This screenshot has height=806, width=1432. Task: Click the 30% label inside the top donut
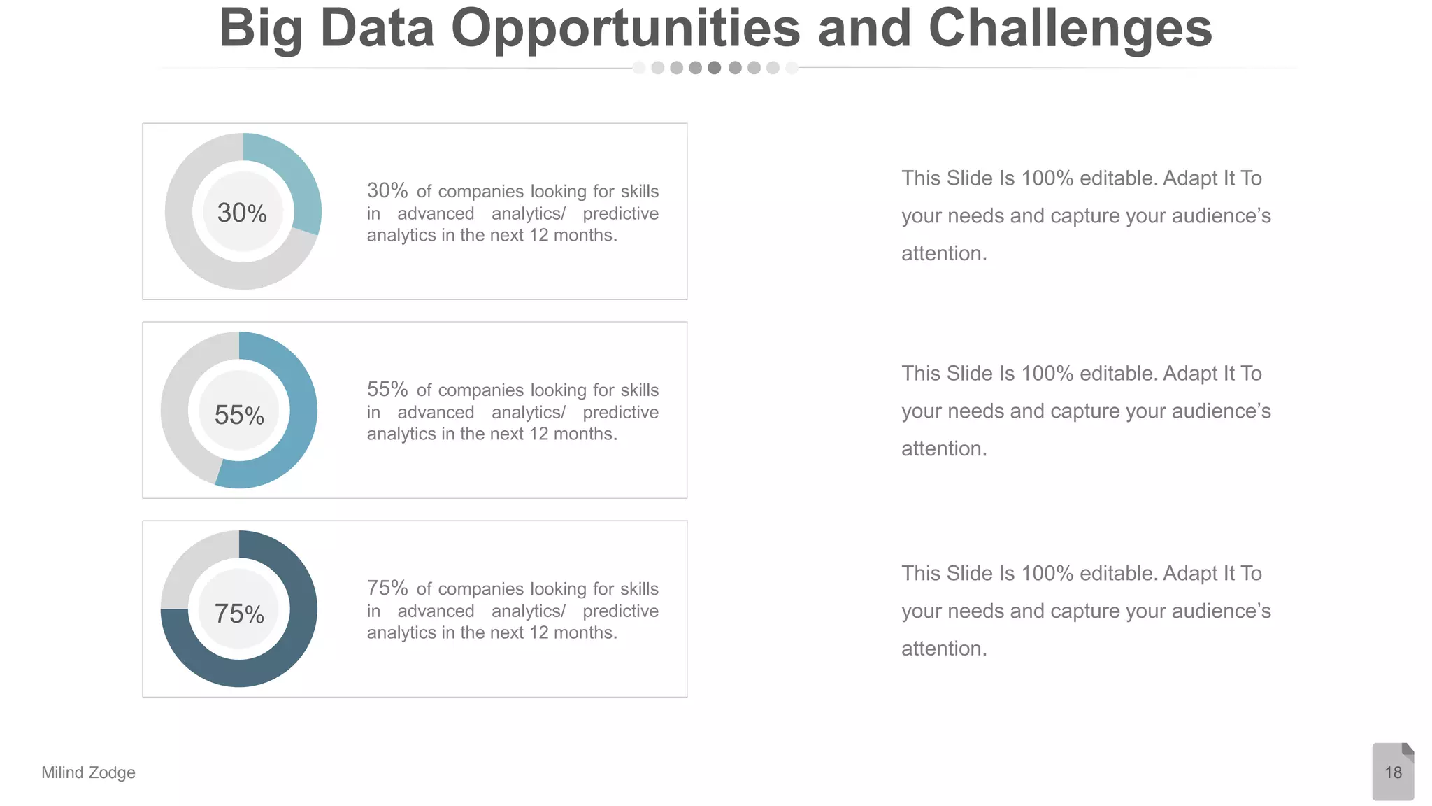[242, 213]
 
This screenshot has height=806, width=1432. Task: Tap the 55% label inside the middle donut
[239, 416]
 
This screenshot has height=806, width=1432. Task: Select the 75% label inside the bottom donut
[239, 614]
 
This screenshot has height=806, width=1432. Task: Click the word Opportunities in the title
[625, 29]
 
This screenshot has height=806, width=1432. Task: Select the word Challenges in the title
[1070, 29]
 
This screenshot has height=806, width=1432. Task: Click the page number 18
[1393, 772]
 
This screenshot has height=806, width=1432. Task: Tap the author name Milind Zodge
[88, 772]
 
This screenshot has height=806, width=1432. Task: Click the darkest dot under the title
[714, 68]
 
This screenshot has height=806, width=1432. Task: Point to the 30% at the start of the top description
[387, 190]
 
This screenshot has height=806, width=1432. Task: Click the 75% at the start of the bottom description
[387, 588]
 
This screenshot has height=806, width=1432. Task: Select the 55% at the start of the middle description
[387, 389]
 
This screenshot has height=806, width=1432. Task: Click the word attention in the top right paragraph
[944, 253]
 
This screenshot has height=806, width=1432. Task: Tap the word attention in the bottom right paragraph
[944, 649]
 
